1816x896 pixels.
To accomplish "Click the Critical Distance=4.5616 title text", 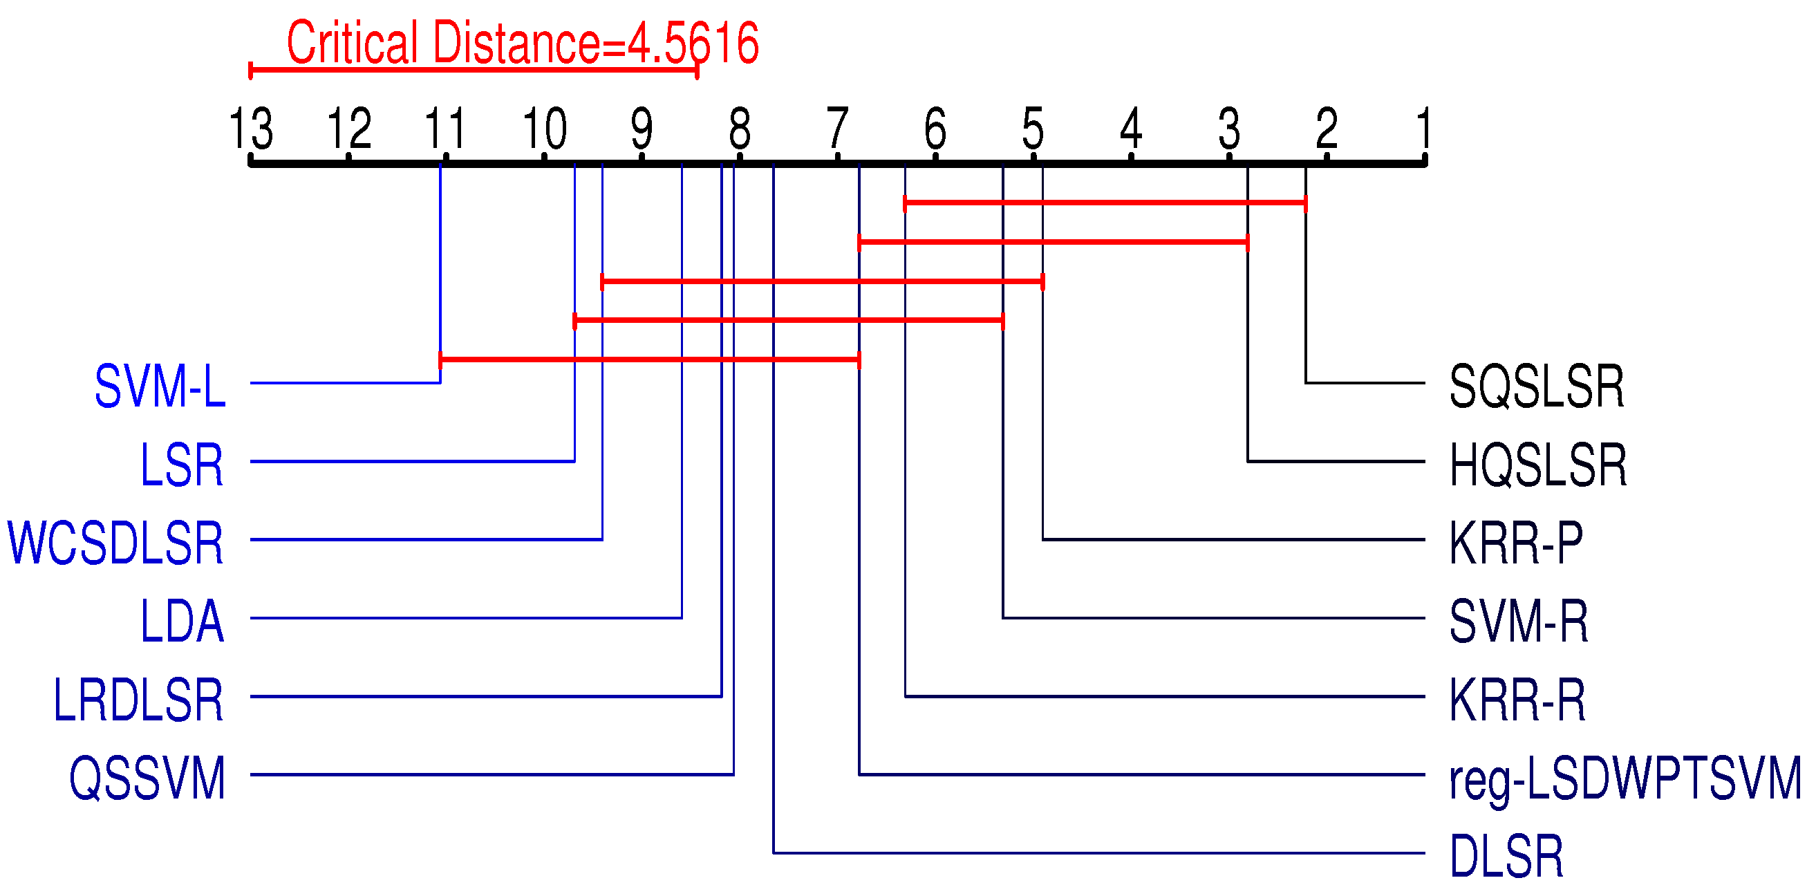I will point(523,43).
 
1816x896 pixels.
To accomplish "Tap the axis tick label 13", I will point(251,129).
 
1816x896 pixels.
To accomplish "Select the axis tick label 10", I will point(544,129).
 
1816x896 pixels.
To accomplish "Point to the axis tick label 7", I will point(838,129).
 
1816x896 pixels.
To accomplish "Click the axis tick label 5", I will point(1033,129).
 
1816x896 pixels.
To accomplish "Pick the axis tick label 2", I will point(1327,129).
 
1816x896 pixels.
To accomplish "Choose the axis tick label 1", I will point(1423,129).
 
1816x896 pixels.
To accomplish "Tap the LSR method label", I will point(182,465).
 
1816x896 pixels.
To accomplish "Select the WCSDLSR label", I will point(115,543).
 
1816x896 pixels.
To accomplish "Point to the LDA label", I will point(182,622).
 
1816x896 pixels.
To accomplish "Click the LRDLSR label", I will point(138,700).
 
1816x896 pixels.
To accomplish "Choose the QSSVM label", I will point(147,778).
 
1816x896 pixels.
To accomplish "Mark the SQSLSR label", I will point(1536,386).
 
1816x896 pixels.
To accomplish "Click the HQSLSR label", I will point(1537,465).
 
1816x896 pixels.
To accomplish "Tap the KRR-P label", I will point(1516,543).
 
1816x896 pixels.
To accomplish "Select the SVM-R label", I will point(1519,622).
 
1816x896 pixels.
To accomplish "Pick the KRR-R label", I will point(1517,700).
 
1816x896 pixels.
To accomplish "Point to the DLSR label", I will point(1506,857).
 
